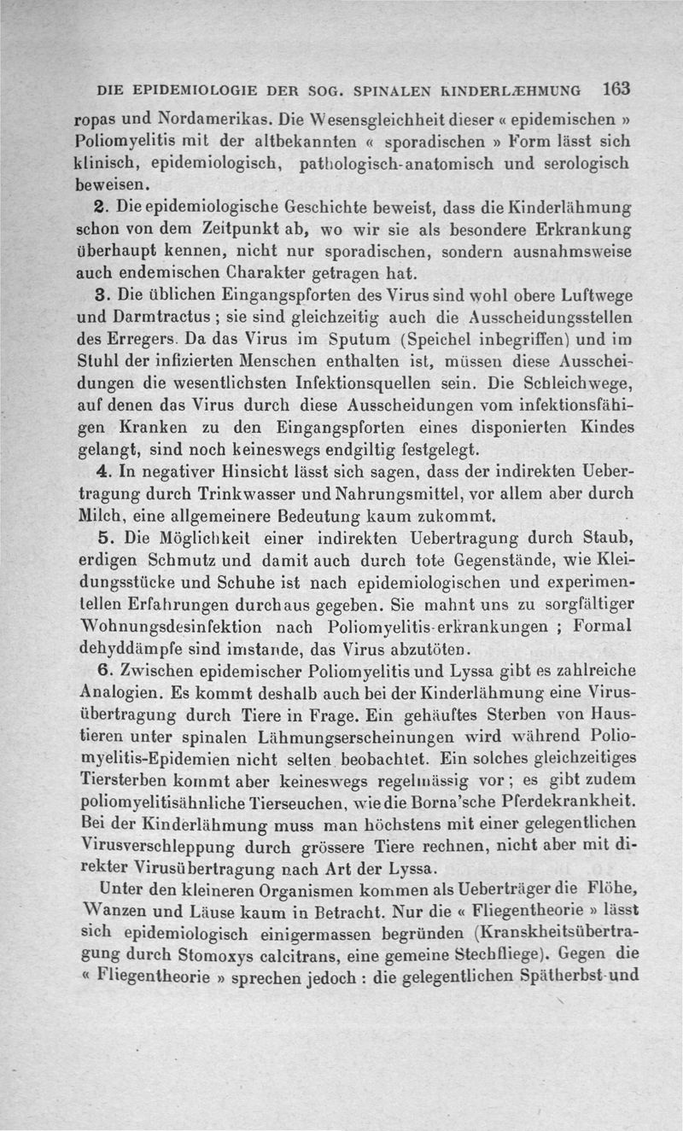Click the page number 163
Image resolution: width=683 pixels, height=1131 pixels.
(x=615, y=88)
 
